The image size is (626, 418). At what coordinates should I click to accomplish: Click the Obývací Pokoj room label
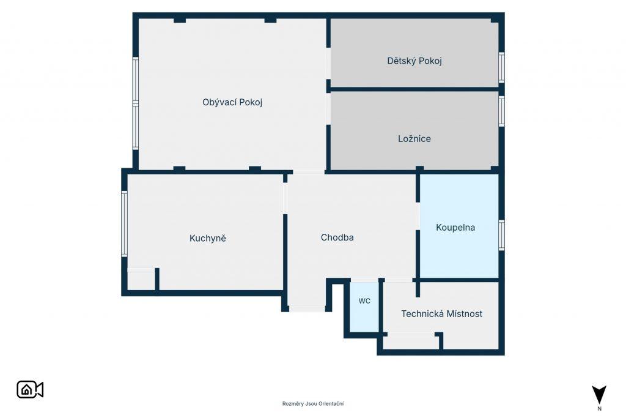click(232, 102)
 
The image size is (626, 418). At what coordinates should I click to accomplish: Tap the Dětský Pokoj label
click(414, 61)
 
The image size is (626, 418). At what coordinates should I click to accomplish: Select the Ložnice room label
click(414, 139)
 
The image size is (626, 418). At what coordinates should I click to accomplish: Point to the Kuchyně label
click(208, 238)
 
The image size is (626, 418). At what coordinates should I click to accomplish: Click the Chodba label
click(337, 237)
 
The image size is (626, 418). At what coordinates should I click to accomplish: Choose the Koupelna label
click(455, 228)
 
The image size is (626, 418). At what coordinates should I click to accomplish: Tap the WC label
click(364, 301)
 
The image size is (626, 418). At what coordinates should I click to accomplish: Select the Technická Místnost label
click(441, 314)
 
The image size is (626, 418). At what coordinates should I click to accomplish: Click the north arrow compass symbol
click(599, 395)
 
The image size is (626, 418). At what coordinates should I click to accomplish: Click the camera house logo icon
click(30, 390)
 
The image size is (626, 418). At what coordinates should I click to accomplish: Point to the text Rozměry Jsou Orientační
click(313, 403)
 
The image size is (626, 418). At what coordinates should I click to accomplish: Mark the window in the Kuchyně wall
click(124, 223)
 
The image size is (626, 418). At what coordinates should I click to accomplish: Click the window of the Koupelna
click(501, 235)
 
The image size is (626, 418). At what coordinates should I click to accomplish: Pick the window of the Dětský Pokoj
click(501, 67)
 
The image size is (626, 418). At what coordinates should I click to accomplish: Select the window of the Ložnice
click(501, 111)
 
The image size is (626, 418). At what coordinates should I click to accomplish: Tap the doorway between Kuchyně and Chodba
click(285, 198)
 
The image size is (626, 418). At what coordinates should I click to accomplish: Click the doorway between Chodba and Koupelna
click(418, 216)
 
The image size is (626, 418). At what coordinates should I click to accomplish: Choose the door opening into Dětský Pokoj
click(328, 63)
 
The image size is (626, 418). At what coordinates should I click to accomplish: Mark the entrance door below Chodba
click(307, 308)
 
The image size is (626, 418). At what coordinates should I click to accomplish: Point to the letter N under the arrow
click(599, 409)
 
